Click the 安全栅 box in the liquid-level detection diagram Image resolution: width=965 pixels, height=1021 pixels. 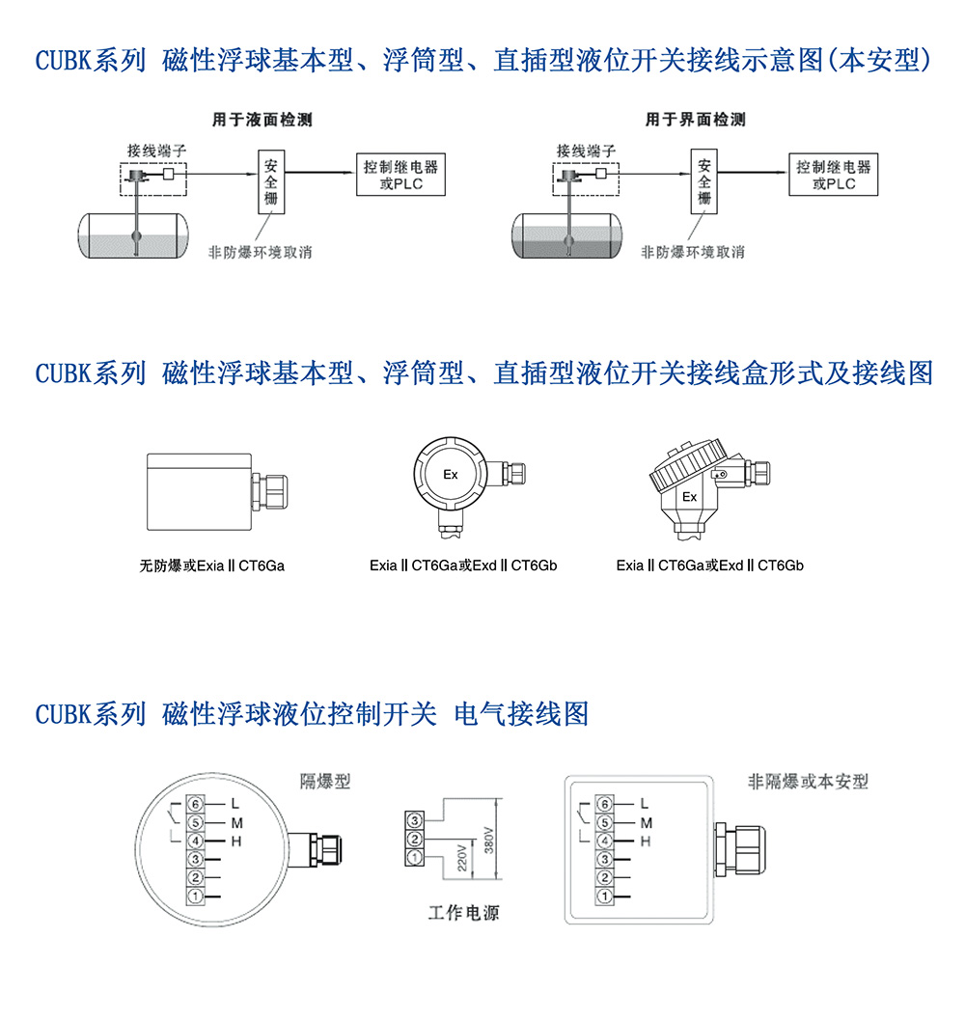click(x=273, y=180)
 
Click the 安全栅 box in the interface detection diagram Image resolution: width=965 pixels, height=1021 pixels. click(x=703, y=180)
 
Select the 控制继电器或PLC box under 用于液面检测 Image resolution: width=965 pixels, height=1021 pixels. click(x=400, y=175)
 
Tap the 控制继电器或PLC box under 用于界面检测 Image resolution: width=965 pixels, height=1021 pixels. click(x=833, y=175)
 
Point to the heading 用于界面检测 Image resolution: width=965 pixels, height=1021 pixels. click(x=695, y=120)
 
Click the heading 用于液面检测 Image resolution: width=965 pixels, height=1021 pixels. click(x=262, y=120)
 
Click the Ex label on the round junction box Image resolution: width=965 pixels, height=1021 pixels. click(x=451, y=475)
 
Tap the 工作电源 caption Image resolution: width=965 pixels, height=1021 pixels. click(x=464, y=912)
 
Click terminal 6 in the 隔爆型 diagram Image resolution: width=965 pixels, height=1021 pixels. click(x=195, y=804)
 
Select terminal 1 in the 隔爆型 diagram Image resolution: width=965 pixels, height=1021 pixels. click(x=195, y=897)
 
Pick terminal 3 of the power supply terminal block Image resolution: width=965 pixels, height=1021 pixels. click(x=414, y=820)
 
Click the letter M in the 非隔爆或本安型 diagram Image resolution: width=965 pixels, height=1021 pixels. click(x=647, y=822)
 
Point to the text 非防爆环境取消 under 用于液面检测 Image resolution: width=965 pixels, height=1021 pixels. click(x=261, y=252)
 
